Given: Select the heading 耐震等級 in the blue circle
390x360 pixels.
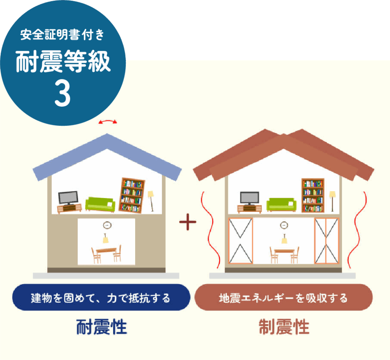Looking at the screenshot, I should tap(63, 62).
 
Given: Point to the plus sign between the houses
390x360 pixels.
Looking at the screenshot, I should tap(188, 223).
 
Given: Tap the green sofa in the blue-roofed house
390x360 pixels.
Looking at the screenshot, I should tap(100, 204).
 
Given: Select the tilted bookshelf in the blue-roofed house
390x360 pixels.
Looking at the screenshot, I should tap(132, 195).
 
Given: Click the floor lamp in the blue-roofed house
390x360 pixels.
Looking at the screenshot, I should tap(151, 200).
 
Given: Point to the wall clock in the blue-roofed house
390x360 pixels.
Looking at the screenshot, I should tap(107, 225).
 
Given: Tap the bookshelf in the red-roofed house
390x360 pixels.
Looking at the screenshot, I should tap(313, 195).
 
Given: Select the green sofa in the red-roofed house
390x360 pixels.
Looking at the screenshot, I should tap(281, 204).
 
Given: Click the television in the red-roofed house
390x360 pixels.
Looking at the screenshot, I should tap(249, 198).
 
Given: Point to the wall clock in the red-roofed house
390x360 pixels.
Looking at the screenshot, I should tap(284, 225).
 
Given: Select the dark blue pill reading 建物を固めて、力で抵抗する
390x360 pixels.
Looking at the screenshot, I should tap(101, 298).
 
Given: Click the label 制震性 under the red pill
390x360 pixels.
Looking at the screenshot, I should tap(284, 327).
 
